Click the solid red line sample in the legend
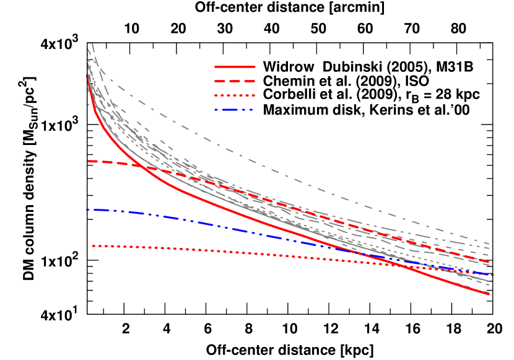tap(235, 66)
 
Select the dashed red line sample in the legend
tap(235, 81)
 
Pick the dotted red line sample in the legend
tap(235, 95)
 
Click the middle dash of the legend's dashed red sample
tap(235, 81)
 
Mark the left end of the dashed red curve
tap(89, 161)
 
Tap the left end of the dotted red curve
tap(93, 246)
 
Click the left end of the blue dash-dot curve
tap(89, 210)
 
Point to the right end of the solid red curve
tap(489, 294)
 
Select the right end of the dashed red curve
tap(489, 261)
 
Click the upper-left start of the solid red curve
tap(87, 76)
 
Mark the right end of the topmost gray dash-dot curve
tap(489, 243)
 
